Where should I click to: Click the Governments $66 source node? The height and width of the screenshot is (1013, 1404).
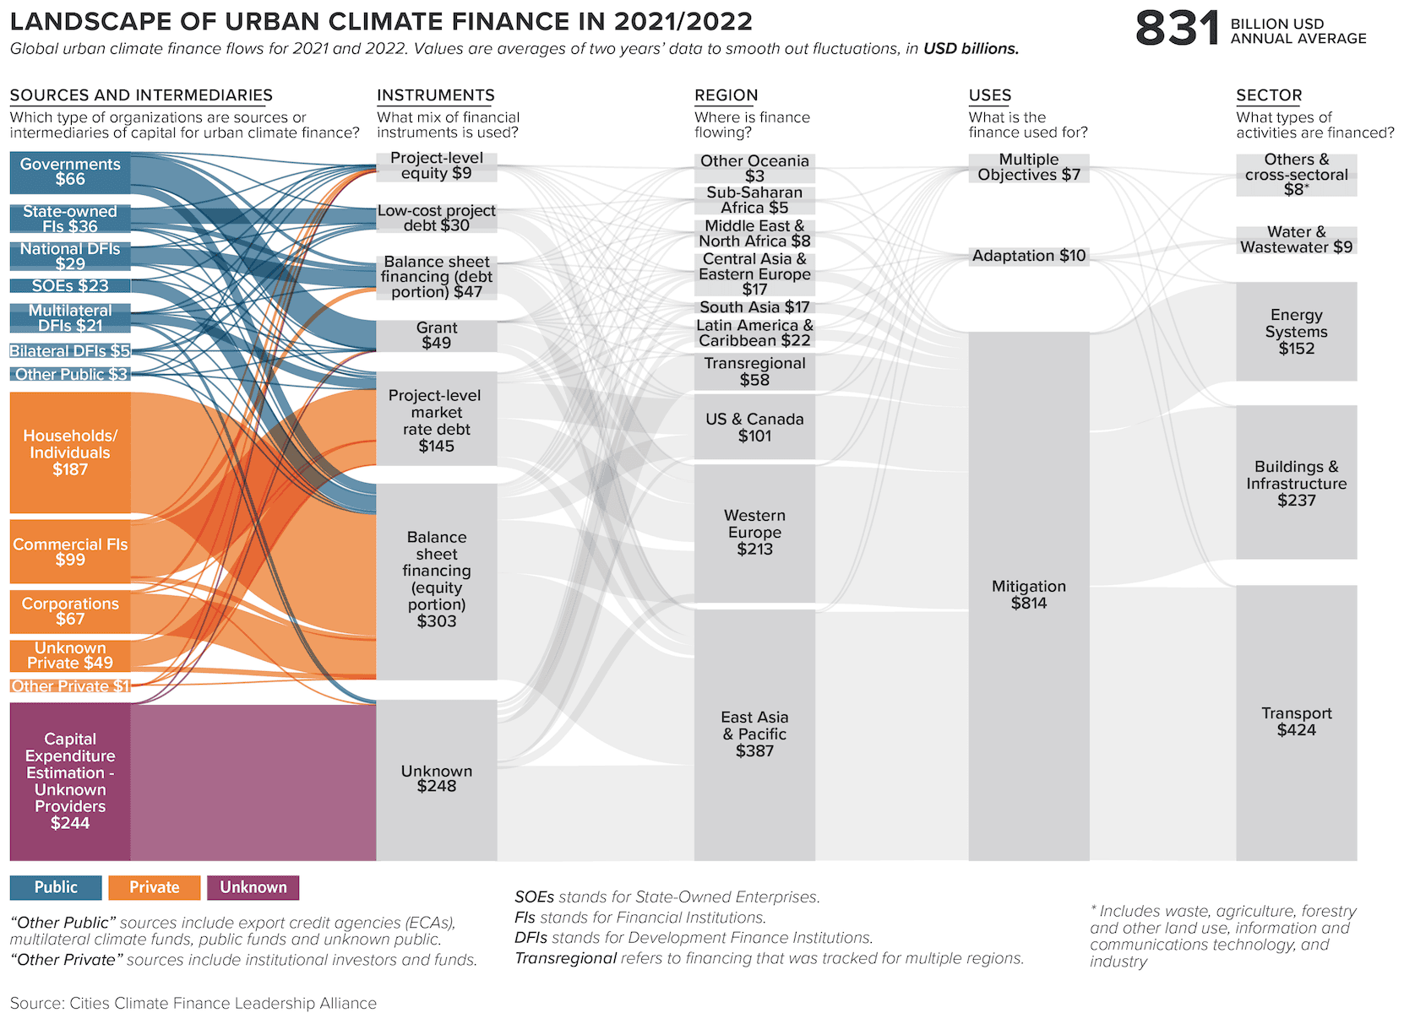click(x=70, y=172)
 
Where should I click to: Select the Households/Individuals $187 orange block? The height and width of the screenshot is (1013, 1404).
click(x=70, y=452)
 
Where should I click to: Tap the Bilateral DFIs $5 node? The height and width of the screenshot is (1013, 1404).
click(x=70, y=351)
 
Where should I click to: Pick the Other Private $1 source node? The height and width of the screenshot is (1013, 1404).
click(x=70, y=686)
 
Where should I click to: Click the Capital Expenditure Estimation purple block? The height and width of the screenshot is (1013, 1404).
click(x=70, y=782)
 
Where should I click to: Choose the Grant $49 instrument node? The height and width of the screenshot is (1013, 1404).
click(x=437, y=335)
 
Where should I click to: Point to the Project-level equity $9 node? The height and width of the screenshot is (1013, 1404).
click(x=437, y=166)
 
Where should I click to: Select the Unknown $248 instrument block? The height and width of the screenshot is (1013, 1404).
click(x=437, y=778)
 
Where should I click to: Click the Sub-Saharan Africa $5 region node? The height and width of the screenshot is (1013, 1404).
click(x=754, y=200)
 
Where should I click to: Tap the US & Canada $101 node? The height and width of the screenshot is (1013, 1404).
click(x=754, y=428)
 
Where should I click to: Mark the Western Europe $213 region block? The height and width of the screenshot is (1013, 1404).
click(x=754, y=533)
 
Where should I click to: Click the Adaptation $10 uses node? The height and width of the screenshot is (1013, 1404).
click(x=1029, y=256)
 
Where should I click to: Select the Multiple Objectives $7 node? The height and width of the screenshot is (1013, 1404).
click(x=1029, y=167)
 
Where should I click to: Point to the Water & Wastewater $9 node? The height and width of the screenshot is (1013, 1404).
click(x=1296, y=240)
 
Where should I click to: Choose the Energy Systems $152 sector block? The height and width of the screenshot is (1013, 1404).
click(x=1296, y=332)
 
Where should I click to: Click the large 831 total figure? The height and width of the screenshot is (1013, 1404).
click(x=1177, y=30)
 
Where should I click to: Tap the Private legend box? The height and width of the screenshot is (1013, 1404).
click(x=155, y=887)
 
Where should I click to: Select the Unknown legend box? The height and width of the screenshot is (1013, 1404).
click(x=253, y=887)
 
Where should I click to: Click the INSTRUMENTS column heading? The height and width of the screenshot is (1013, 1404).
click(x=435, y=95)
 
